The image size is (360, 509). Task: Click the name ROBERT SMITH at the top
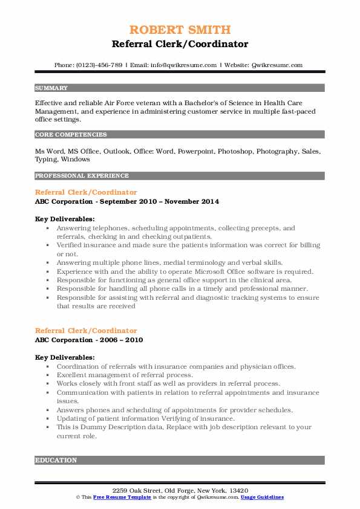point(180,30)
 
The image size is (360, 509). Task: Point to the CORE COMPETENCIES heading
point(71,135)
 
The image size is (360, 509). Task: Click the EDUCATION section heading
point(56,461)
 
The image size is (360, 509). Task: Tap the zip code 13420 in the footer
point(237,490)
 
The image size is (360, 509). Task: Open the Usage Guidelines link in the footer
point(262,497)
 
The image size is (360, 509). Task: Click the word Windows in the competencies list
point(76,160)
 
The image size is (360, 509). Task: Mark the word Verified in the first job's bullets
point(71,246)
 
